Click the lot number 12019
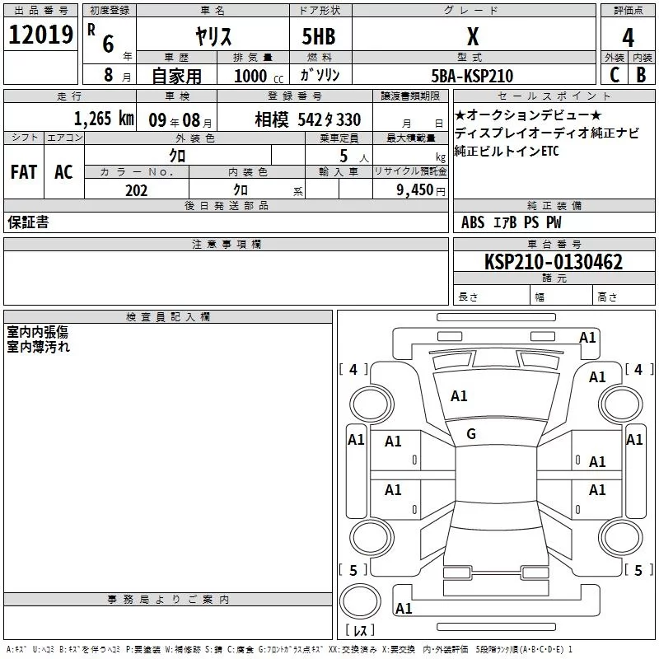click(40, 35)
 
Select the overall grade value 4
click(628, 38)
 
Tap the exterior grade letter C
click(615, 75)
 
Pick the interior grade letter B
click(641, 75)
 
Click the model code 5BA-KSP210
click(472, 76)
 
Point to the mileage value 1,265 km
click(104, 119)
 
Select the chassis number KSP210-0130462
click(554, 262)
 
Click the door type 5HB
click(319, 36)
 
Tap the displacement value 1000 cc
click(259, 76)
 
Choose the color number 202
click(136, 190)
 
